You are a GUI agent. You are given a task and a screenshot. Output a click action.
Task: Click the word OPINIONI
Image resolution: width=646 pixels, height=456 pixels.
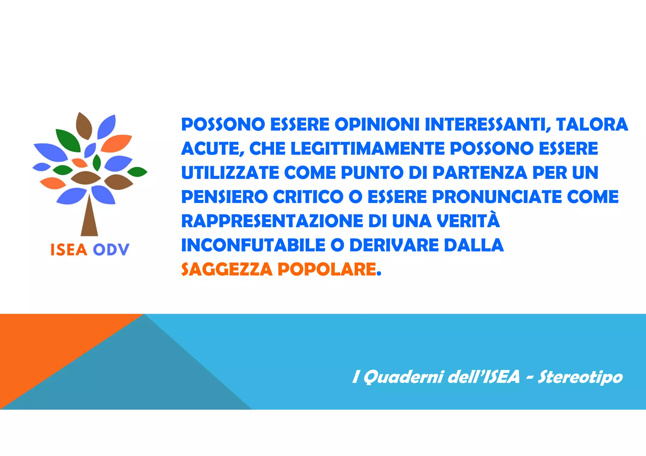(x=377, y=124)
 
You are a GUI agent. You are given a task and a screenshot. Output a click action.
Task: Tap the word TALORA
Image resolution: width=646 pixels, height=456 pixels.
(x=592, y=124)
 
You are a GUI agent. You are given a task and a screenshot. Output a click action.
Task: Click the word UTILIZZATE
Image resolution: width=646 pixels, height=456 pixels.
(x=230, y=173)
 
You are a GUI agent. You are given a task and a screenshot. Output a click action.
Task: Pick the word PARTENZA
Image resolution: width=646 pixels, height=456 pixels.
(x=480, y=173)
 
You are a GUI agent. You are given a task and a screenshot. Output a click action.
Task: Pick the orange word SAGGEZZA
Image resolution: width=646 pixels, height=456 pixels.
(x=227, y=270)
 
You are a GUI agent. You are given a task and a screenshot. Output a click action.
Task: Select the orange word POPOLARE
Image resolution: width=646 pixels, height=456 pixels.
(x=327, y=270)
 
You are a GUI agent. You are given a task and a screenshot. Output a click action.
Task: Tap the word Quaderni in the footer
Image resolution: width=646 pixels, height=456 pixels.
(x=403, y=377)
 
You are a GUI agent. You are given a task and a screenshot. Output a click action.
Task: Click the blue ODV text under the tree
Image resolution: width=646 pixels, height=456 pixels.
(x=111, y=250)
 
